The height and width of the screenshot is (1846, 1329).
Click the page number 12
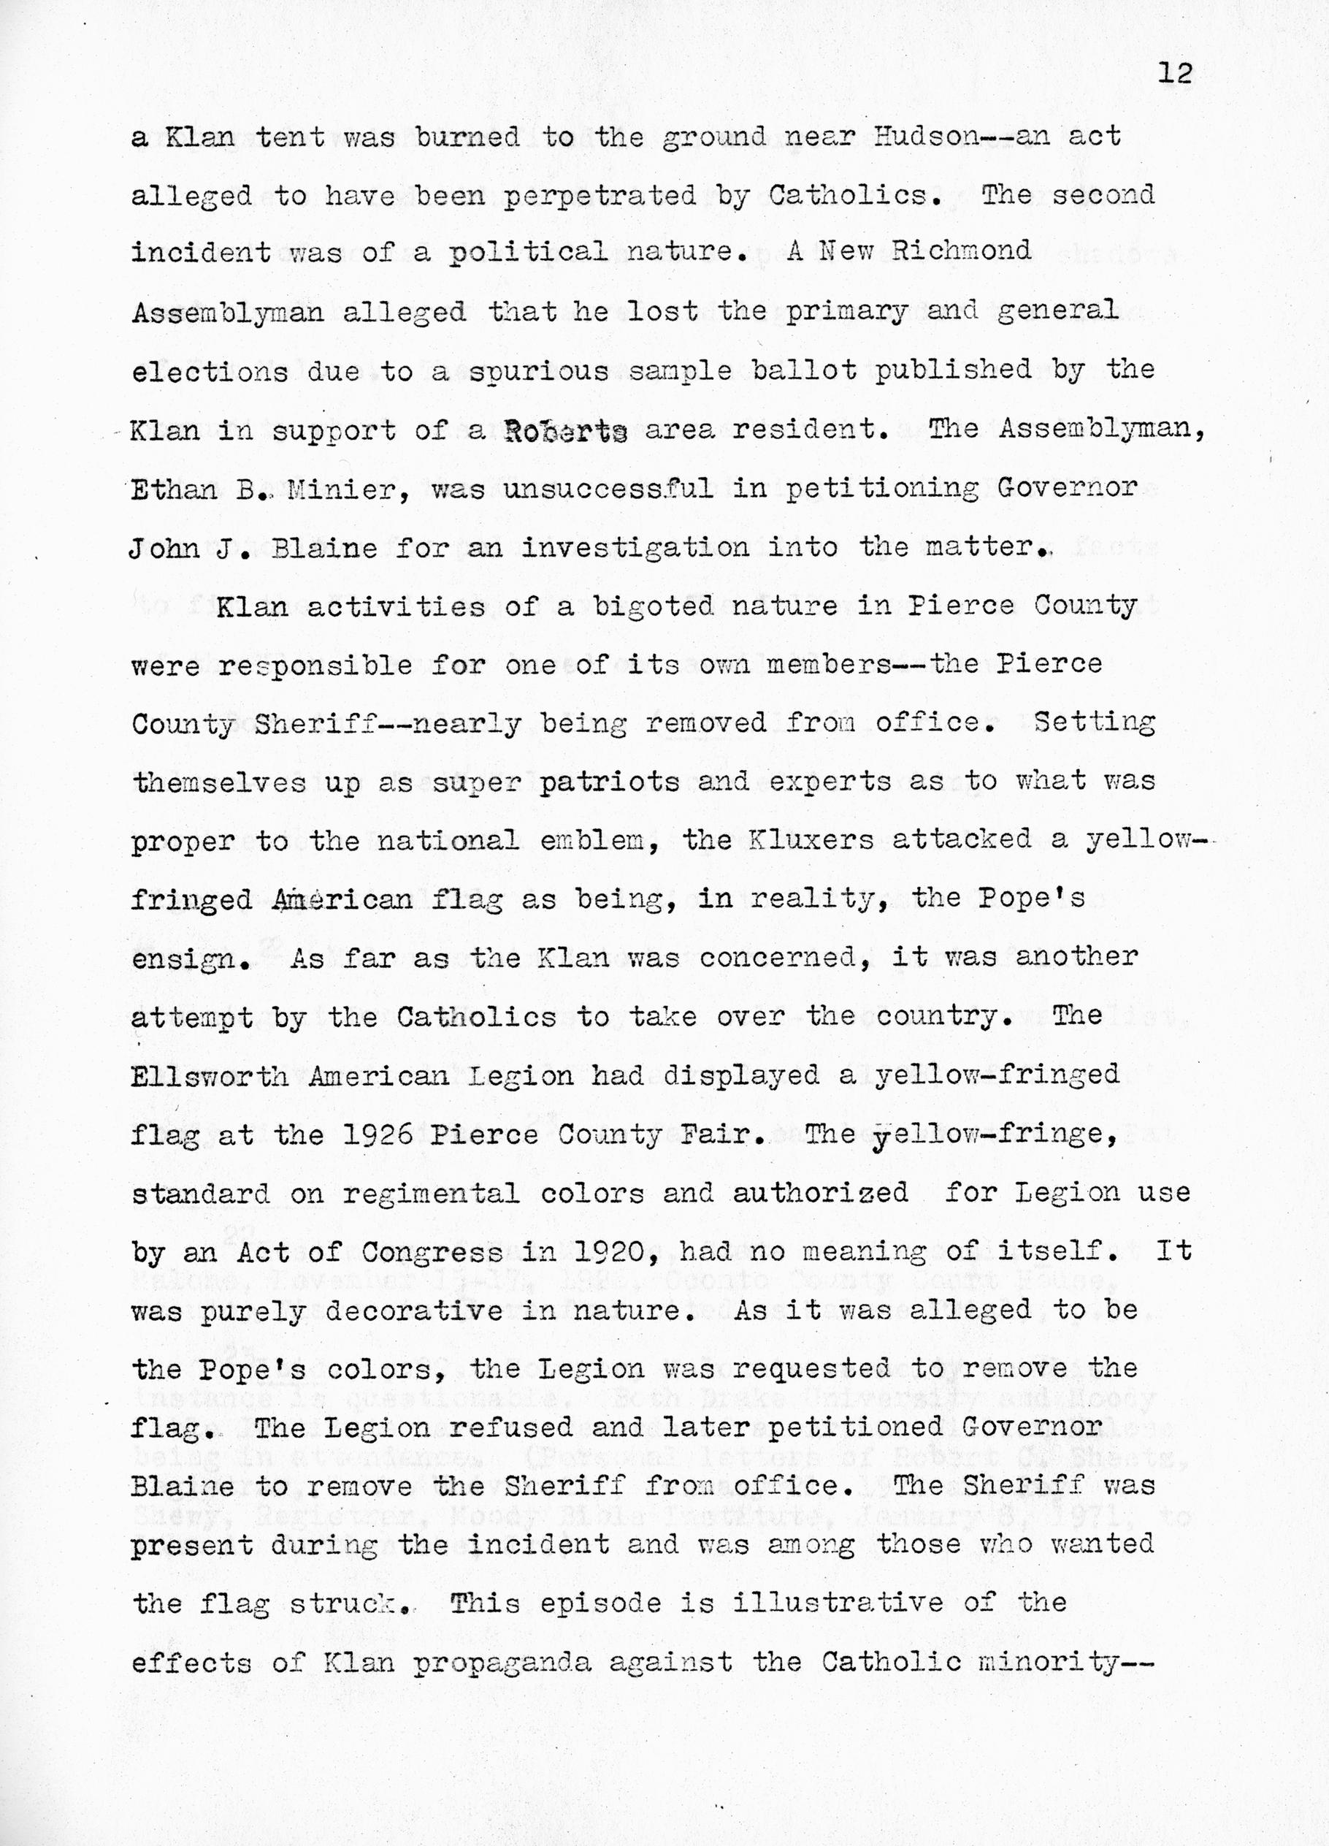click(1173, 74)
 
